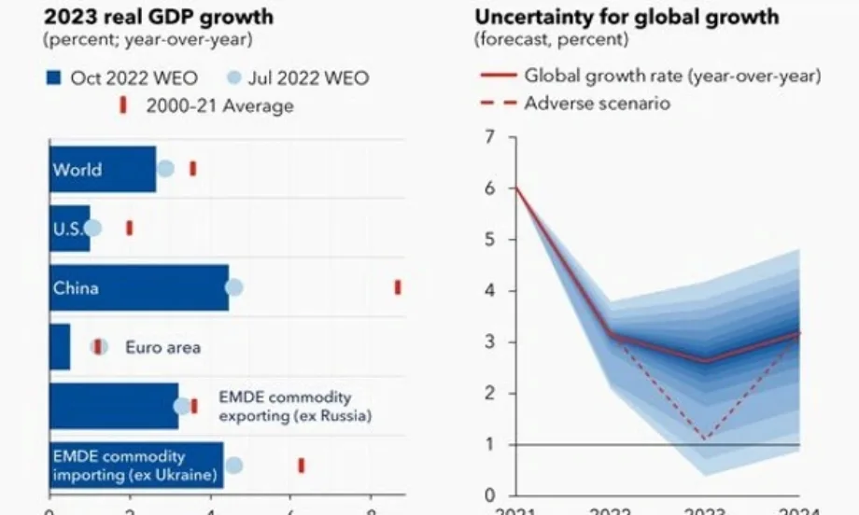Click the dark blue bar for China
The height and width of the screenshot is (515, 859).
pos(140,287)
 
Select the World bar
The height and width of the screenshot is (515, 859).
pos(103,170)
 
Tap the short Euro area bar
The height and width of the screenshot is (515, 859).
pos(60,347)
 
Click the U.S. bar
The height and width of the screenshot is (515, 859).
pos(70,229)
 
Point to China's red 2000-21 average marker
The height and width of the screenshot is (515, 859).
pos(398,287)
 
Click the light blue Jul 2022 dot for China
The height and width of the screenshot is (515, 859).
pos(234,287)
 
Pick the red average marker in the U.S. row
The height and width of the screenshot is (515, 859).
pos(130,228)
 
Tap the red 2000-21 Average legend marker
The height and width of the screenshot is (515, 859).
pos(123,105)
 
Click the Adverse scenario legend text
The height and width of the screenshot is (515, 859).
pos(597,103)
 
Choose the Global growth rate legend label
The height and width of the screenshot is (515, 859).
pos(672,76)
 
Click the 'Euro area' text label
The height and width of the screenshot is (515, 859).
pos(162,347)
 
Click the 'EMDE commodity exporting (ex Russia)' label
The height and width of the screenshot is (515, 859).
pos(294,406)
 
